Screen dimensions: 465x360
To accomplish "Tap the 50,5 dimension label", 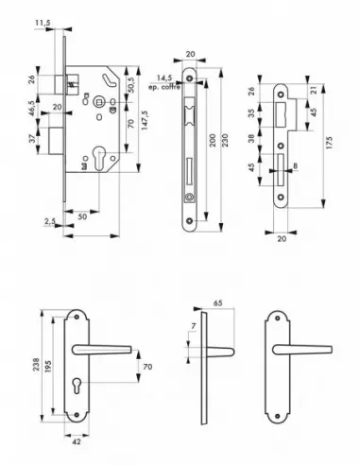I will [x=129, y=88].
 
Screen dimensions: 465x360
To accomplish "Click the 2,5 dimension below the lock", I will [x=46, y=222].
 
